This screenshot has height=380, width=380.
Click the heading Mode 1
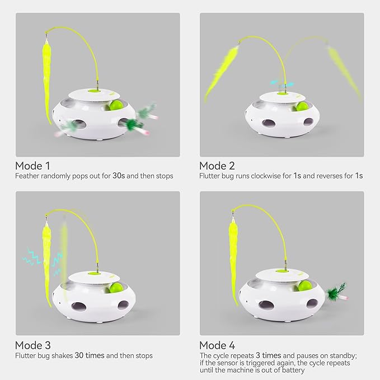(x=32, y=166)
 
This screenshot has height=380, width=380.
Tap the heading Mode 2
(x=217, y=166)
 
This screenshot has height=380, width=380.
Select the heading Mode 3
(x=32, y=345)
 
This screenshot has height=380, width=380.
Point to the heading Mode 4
(x=217, y=345)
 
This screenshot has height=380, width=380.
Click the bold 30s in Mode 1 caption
(x=119, y=176)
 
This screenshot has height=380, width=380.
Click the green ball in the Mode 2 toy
(x=302, y=107)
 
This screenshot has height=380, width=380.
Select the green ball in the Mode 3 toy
(x=116, y=288)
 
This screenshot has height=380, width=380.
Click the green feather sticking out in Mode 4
(x=336, y=292)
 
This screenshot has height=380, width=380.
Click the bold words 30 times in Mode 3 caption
(x=90, y=355)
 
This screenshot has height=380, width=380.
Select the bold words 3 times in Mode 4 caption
(x=268, y=355)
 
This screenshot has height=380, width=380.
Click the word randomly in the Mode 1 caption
(x=55, y=176)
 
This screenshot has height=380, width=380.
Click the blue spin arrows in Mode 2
(x=282, y=84)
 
